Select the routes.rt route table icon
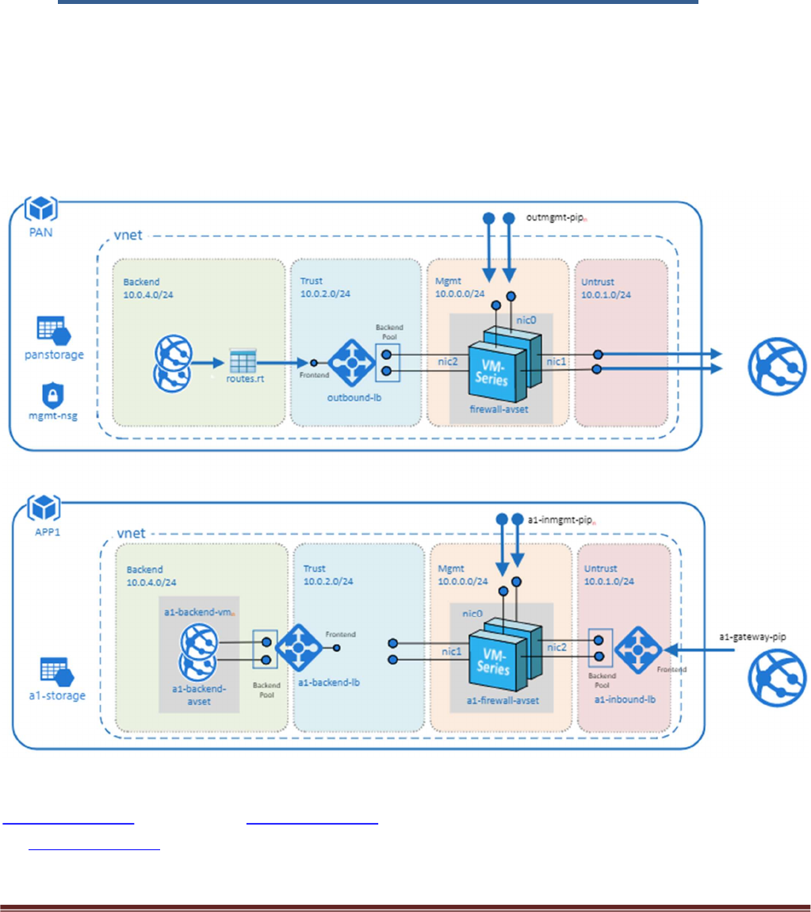click(x=245, y=364)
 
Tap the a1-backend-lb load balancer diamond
click(x=297, y=647)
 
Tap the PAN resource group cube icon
click(x=39, y=209)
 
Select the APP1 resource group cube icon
click(x=39, y=506)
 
